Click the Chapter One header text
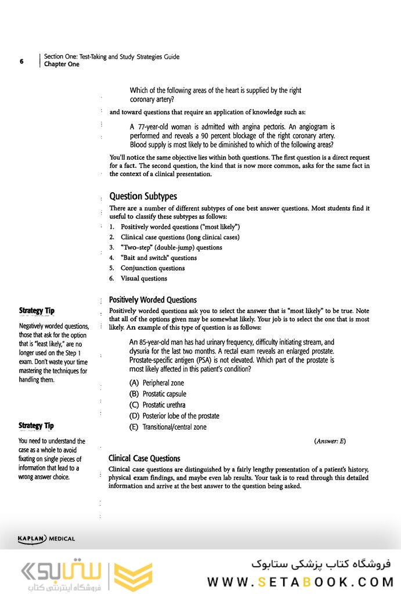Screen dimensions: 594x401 coord(62,64)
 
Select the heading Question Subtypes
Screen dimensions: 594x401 coord(143,196)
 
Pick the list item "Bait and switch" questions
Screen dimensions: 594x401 coord(158,258)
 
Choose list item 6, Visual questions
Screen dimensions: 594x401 coord(143,279)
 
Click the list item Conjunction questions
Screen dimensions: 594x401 coord(152,268)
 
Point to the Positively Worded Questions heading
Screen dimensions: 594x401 coord(153,300)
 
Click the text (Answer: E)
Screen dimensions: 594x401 coord(330,441)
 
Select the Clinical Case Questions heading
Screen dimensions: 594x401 coord(144,459)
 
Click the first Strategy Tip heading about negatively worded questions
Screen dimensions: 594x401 coord(37,311)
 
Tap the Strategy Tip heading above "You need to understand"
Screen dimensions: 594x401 coord(37,426)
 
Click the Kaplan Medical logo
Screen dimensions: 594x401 coord(46,539)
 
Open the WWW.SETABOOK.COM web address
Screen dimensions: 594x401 coord(301,582)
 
